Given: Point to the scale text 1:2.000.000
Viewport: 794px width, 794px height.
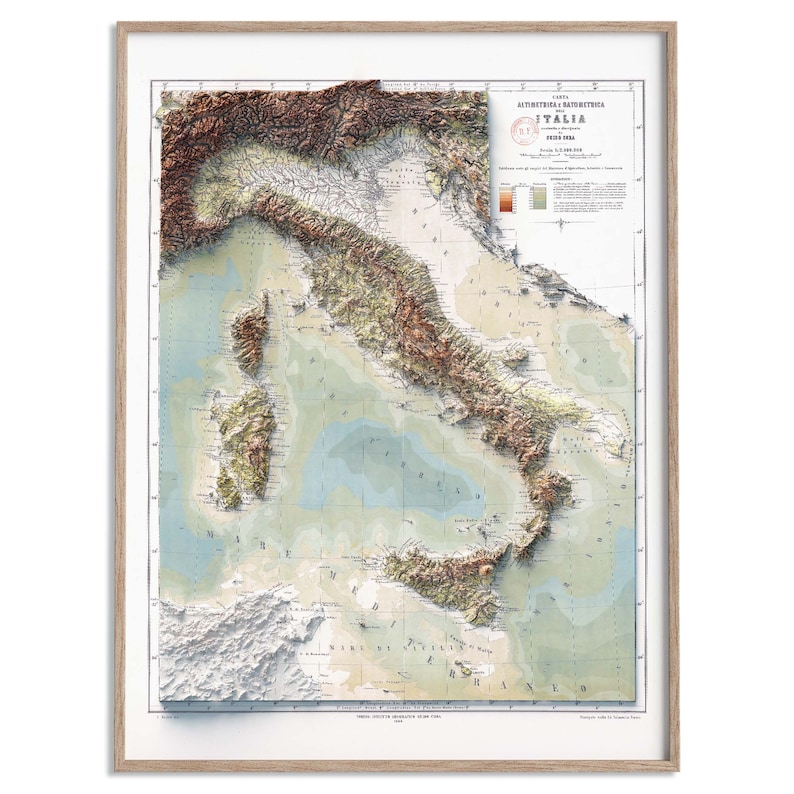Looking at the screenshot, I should [563, 149].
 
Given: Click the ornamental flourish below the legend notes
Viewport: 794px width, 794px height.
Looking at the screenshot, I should [563, 224].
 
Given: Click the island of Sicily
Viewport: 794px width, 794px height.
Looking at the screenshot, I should [440, 580].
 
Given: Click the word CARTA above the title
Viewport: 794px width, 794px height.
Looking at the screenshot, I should [563, 95].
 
